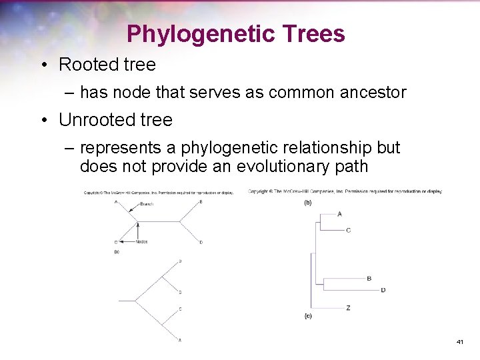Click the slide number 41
pyautogui.click(x=459, y=342)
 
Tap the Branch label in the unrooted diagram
pyautogui.click(x=147, y=204)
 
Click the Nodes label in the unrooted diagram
pyautogui.click(x=141, y=241)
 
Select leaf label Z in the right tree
pyautogui.click(x=349, y=308)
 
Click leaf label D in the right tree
pyautogui.click(x=383, y=290)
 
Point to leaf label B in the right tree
pyautogui.click(x=369, y=279)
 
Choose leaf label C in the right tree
pyautogui.click(x=348, y=231)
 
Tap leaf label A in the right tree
pyautogui.click(x=339, y=214)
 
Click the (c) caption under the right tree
pyautogui.click(x=308, y=316)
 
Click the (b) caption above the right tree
pyautogui.click(x=307, y=202)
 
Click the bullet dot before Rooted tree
pyautogui.click(x=43, y=65)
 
